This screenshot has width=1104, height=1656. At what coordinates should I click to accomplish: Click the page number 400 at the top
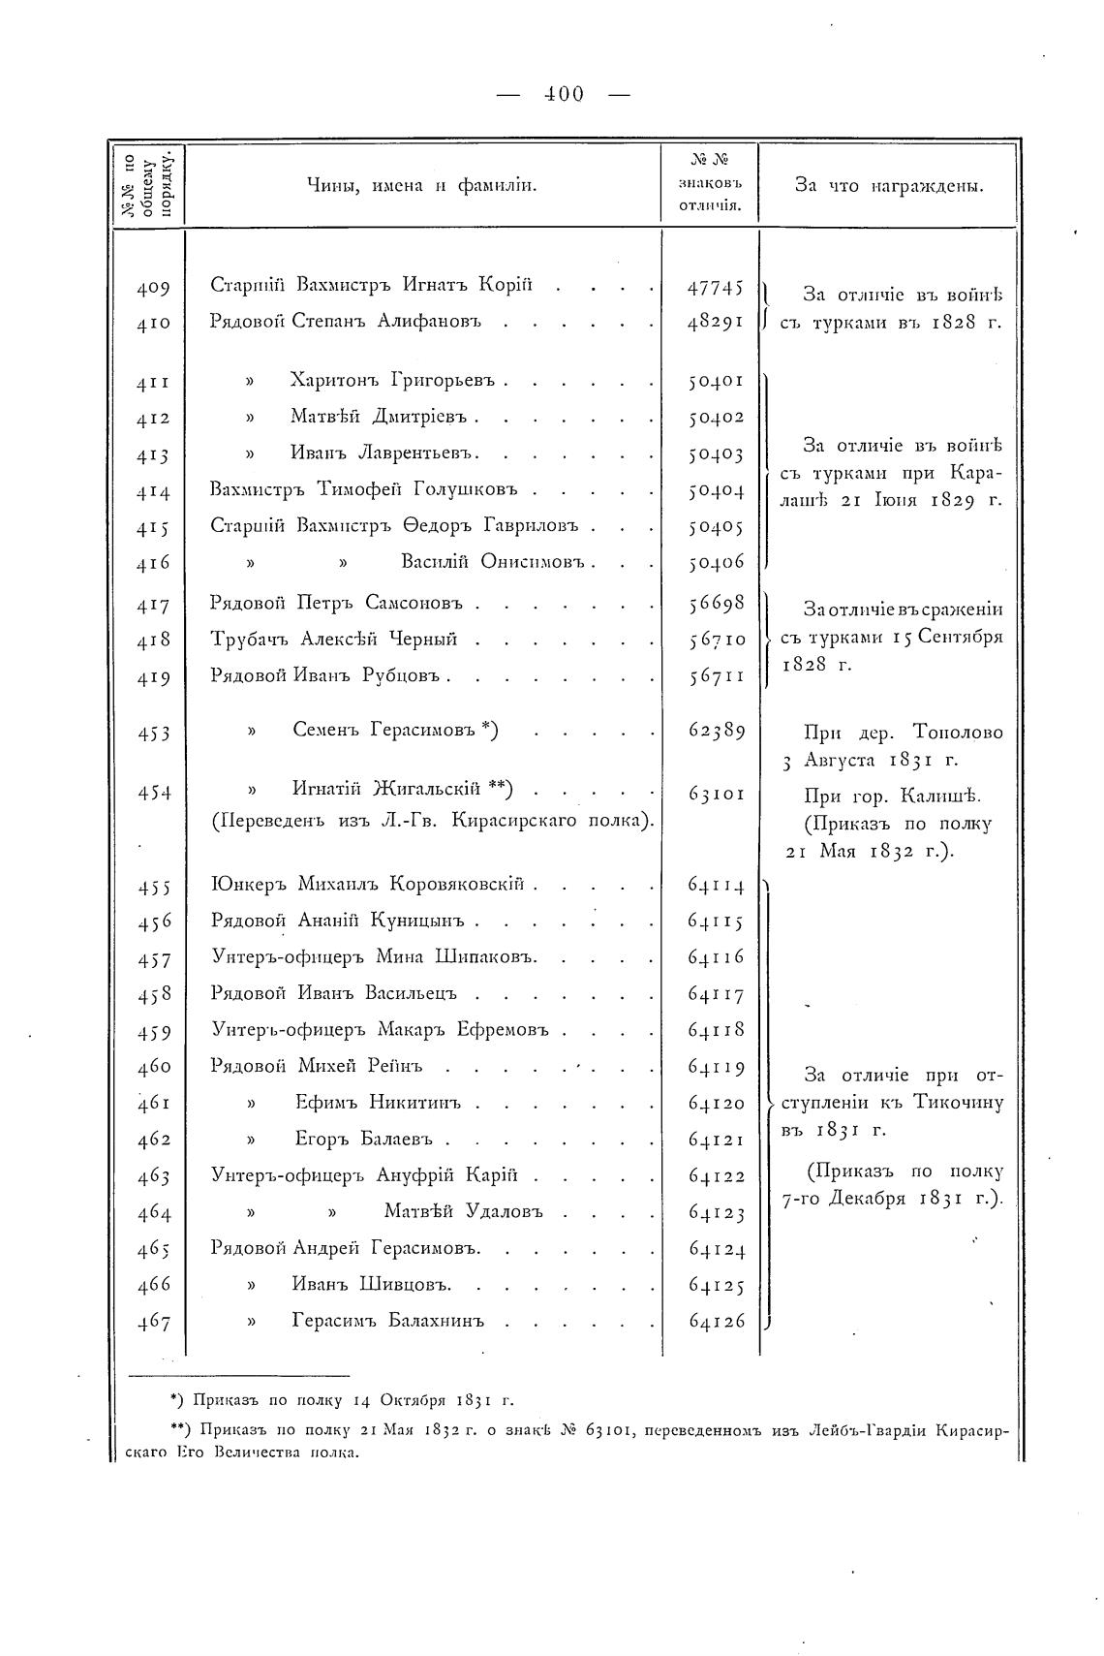pyautogui.click(x=563, y=94)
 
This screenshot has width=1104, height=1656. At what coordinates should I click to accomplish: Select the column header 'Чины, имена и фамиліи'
pyautogui.click(x=422, y=185)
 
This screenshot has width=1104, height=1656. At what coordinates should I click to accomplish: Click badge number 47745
pyautogui.click(x=715, y=287)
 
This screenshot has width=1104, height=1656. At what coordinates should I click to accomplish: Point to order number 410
pyautogui.click(x=153, y=323)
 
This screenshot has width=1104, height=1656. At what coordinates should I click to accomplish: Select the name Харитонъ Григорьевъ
pyautogui.click(x=392, y=380)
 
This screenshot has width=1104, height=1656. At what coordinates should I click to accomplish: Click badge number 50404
pyautogui.click(x=715, y=491)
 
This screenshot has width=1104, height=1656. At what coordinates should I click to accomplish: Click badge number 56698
pyautogui.click(x=715, y=604)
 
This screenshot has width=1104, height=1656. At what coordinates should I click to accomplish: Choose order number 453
pyautogui.click(x=153, y=733)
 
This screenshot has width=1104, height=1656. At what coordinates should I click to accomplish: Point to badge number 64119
pyautogui.click(x=715, y=1068)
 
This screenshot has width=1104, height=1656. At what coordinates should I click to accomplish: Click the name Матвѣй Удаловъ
pyautogui.click(x=463, y=1211)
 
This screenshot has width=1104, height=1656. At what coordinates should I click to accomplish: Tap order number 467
pyautogui.click(x=153, y=1323)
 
